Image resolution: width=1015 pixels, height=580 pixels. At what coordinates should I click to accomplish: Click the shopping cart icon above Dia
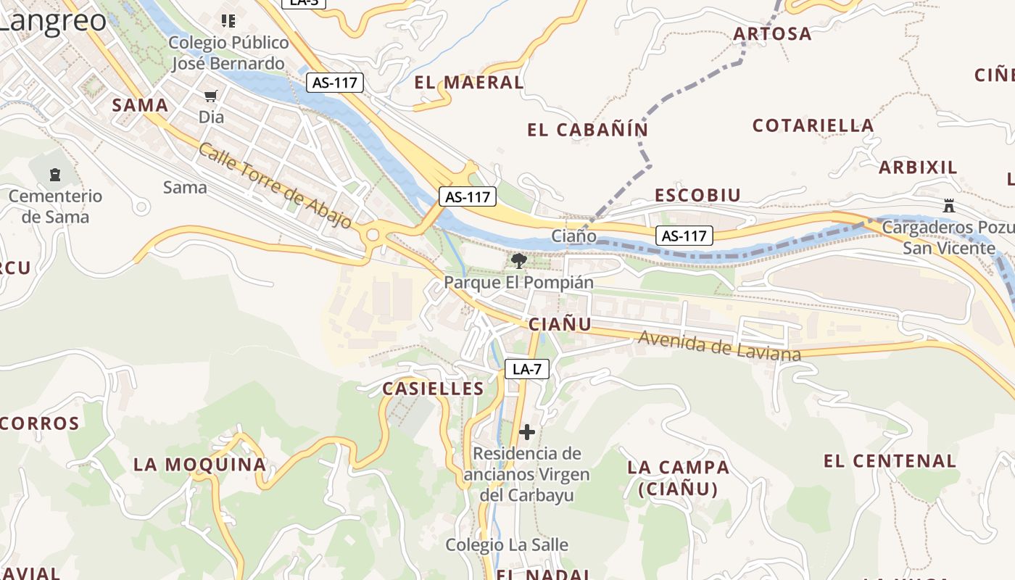(x=211, y=96)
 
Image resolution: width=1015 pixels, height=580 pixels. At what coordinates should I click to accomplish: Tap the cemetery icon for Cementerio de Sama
(x=54, y=175)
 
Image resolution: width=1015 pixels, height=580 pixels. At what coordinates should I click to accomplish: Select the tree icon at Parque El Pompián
(x=518, y=261)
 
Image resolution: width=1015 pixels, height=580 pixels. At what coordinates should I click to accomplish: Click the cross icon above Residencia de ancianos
(x=527, y=432)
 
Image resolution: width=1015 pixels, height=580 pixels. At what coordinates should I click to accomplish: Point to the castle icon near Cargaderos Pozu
(x=948, y=205)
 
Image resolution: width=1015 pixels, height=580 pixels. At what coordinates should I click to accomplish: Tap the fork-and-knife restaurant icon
(x=228, y=20)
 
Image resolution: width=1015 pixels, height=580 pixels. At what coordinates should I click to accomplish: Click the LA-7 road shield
(x=527, y=369)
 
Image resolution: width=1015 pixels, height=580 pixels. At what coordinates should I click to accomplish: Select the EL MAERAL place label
(x=468, y=83)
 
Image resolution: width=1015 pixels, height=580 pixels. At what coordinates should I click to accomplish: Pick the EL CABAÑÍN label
(x=587, y=130)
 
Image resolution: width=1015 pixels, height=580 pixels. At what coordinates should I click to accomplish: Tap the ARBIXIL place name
(x=918, y=167)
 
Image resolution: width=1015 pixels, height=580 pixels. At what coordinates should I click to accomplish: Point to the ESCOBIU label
(x=697, y=196)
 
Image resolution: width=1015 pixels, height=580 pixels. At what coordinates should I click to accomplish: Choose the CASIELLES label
(x=433, y=389)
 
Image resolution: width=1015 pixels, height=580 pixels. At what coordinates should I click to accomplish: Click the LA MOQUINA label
(x=200, y=465)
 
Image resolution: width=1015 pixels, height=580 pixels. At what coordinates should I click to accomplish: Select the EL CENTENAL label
(x=890, y=461)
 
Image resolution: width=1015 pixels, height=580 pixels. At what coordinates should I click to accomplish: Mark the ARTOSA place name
(x=772, y=34)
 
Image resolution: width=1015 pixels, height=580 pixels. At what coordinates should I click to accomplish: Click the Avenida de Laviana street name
(x=719, y=347)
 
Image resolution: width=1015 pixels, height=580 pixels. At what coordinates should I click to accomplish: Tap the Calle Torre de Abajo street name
(x=275, y=185)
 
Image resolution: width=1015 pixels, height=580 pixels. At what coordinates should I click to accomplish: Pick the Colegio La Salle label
(x=506, y=545)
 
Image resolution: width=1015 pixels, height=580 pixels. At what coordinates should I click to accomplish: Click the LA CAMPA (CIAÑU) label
(x=679, y=478)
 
